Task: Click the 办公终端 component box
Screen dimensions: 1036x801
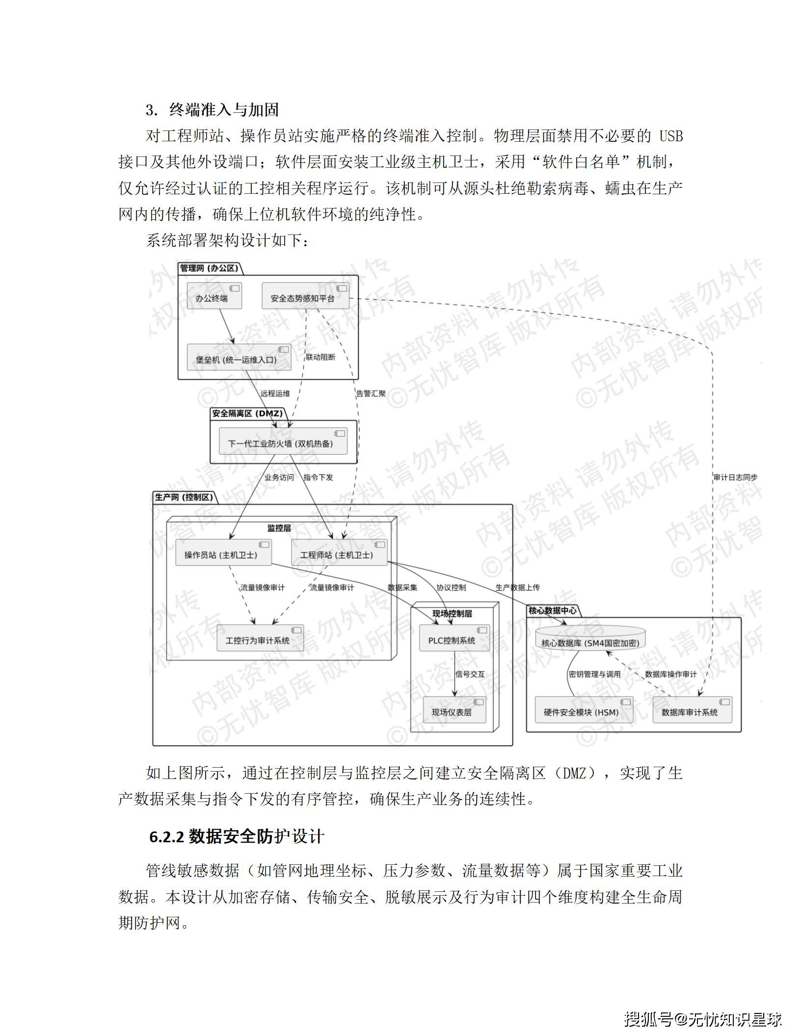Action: (214, 296)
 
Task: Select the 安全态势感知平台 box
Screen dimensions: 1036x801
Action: (305, 296)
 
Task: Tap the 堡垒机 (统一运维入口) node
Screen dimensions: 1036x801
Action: (239, 358)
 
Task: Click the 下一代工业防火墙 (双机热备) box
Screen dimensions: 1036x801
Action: (283, 441)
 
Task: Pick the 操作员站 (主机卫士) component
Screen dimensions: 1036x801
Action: (223, 553)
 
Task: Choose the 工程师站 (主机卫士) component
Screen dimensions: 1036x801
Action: (339, 553)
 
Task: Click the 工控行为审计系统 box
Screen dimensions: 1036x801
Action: (260, 638)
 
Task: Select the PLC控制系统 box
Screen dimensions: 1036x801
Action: (454, 638)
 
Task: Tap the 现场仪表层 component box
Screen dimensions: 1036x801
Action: (454, 710)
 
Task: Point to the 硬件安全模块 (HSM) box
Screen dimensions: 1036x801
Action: (584, 710)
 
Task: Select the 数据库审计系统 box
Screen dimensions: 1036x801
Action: (692, 710)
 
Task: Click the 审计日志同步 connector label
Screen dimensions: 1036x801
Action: (735, 477)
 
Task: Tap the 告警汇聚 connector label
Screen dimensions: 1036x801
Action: (371, 393)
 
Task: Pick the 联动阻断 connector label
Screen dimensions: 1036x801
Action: (320, 357)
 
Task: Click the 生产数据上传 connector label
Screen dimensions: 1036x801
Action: (517, 587)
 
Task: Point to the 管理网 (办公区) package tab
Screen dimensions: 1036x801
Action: (210, 268)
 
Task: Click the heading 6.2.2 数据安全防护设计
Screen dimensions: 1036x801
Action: (237, 836)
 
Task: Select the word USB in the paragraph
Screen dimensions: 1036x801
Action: (670, 136)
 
